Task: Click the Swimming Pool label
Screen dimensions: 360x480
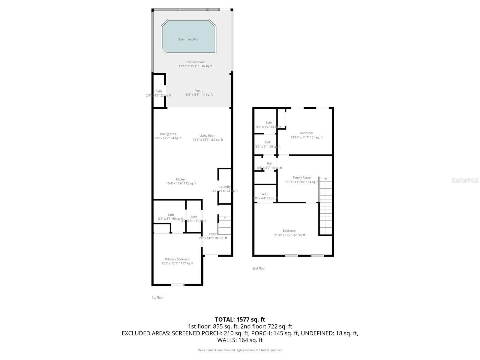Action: (188, 39)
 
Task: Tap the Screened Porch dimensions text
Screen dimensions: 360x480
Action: (195, 66)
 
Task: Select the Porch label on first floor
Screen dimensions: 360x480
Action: (198, 91)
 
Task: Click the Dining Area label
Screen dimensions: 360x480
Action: (168, 134)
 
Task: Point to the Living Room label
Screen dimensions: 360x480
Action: (208, 136)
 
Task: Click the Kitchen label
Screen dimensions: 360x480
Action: (181, 179)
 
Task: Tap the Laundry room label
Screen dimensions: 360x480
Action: (225, 187)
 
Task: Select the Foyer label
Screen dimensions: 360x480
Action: (213, 234)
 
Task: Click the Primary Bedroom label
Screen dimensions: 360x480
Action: (177, 259)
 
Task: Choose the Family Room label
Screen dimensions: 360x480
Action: (302, 178)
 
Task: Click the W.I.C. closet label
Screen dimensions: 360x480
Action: (265, 194)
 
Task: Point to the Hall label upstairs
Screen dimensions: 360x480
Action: (269, 163)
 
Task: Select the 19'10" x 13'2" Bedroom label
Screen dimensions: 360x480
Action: (289, 231)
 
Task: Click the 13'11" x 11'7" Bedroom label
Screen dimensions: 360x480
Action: (307, 133)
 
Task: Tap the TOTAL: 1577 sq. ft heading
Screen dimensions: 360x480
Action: (240, 319)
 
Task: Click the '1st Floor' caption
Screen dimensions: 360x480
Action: (158, 298)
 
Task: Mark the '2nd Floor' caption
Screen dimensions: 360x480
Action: (259, 268)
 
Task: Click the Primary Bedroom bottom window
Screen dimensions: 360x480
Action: (178, 285)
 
